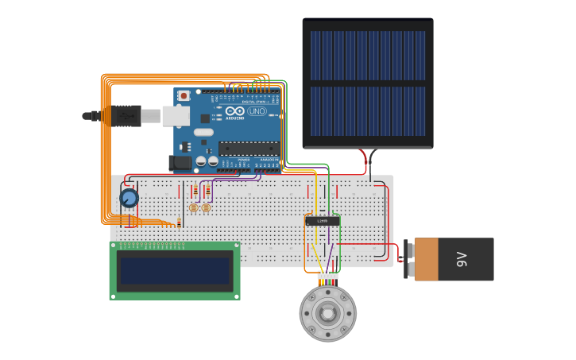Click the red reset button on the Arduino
pos(184,95)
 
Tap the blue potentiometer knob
pos(129,197)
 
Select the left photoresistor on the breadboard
pos(193,207)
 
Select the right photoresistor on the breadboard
pos(206,207)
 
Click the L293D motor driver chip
pos(323,221)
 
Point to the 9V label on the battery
pos(461,259)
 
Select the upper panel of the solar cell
pos(367,55)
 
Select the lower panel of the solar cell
pos(367,111)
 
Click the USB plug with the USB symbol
pos(127,116)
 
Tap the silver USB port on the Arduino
pos(176,116)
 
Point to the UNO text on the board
pos(257,111)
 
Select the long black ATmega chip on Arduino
pos(249,147)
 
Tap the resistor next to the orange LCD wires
pos(180,223)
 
